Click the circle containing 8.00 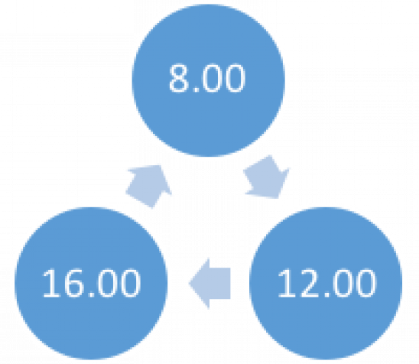coord(209,80)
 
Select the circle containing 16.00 coord(91,283)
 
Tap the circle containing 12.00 coord(326,283)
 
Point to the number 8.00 coord(207,78)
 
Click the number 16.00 coord(91,283)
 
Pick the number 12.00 coord(326,283)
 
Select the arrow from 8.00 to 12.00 coord(267,177)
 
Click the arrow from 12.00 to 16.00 coord(209,283)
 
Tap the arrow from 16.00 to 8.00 coord(148,187)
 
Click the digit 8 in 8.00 coord(178,78)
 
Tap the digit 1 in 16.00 coord(50,283)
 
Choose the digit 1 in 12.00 coord(285,283)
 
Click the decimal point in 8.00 coord(196,90)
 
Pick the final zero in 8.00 coord(235,78)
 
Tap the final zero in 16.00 coord(130,283)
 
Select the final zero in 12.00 coord(365,283)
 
